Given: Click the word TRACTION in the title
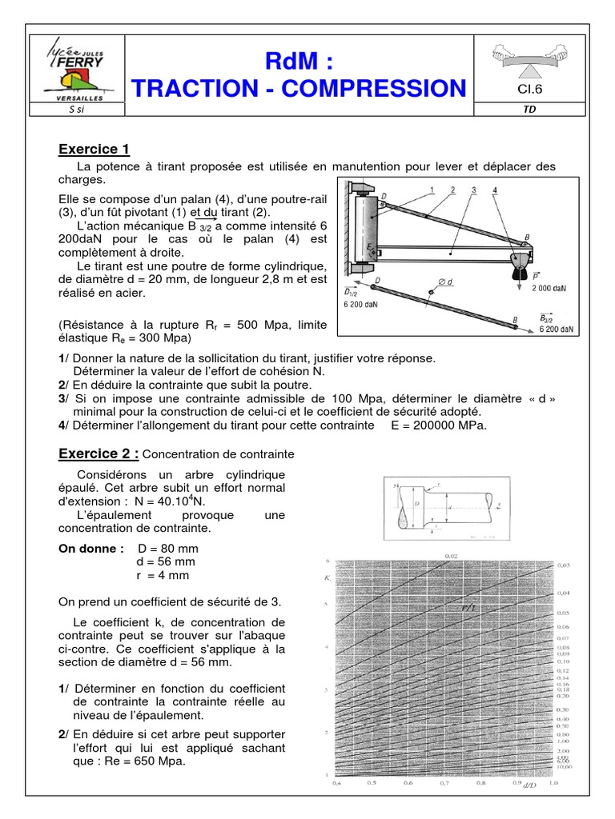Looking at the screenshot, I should pos(211,88).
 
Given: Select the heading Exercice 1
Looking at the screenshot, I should pos(94,149).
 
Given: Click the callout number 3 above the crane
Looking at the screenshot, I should pos(473,190).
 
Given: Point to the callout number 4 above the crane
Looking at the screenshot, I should pos(496,190).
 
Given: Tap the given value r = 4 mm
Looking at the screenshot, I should pos(163,575).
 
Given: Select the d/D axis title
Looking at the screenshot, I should pos(529,787).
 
